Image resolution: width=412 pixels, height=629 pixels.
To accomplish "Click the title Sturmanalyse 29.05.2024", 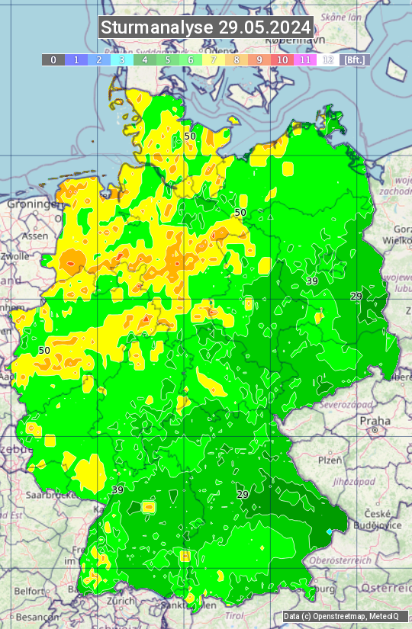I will click(x=206, y=27).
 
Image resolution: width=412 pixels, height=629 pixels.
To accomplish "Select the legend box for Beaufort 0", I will click(x=53, y=59).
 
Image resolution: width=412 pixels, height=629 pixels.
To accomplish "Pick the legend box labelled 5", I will click(x=168, y=59).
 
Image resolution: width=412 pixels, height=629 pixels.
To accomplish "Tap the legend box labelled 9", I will click(x=259, y=59).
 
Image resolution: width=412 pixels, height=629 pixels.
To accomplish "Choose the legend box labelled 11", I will click(x=305, y=59).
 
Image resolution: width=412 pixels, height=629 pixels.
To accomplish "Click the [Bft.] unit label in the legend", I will click(x=354, y=59).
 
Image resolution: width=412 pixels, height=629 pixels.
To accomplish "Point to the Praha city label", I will click(x=375, y=420).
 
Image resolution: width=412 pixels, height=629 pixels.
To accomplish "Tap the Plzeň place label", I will click(x=330, y=460).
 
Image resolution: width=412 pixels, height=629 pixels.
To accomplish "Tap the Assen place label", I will click(x=34, y=236).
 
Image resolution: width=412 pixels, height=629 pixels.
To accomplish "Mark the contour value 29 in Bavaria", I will click(x=243, y=495).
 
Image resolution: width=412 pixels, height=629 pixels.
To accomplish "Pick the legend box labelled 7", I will click(x=214, y=59).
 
